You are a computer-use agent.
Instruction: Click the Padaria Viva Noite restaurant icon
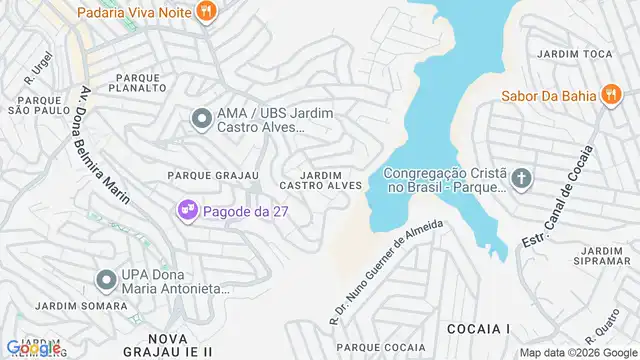click(x=207, y=13)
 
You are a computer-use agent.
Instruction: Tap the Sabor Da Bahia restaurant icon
click(x=608, y=97)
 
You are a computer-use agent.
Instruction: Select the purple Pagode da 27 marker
click(x=185, y=211)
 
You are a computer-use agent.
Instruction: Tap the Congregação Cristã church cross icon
click(x=520, y=179)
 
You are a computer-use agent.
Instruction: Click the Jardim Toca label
click(x=573, y=52)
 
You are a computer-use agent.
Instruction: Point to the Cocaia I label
click(x=478, y=328)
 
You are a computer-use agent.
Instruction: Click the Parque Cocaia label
click(x=381, y=347)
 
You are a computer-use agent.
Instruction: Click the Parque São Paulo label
click(x=37, y=104)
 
